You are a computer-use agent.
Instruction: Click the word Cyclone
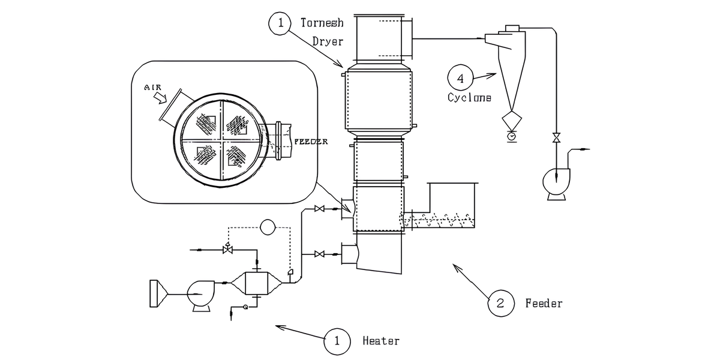[469, 97]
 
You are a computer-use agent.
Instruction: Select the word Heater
[381, 341]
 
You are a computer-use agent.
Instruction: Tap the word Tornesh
[322, 23]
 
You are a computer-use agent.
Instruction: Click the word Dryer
[328, 41]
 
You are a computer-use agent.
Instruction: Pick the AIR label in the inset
[152, 88]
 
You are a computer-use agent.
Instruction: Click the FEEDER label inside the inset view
[311, 142]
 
